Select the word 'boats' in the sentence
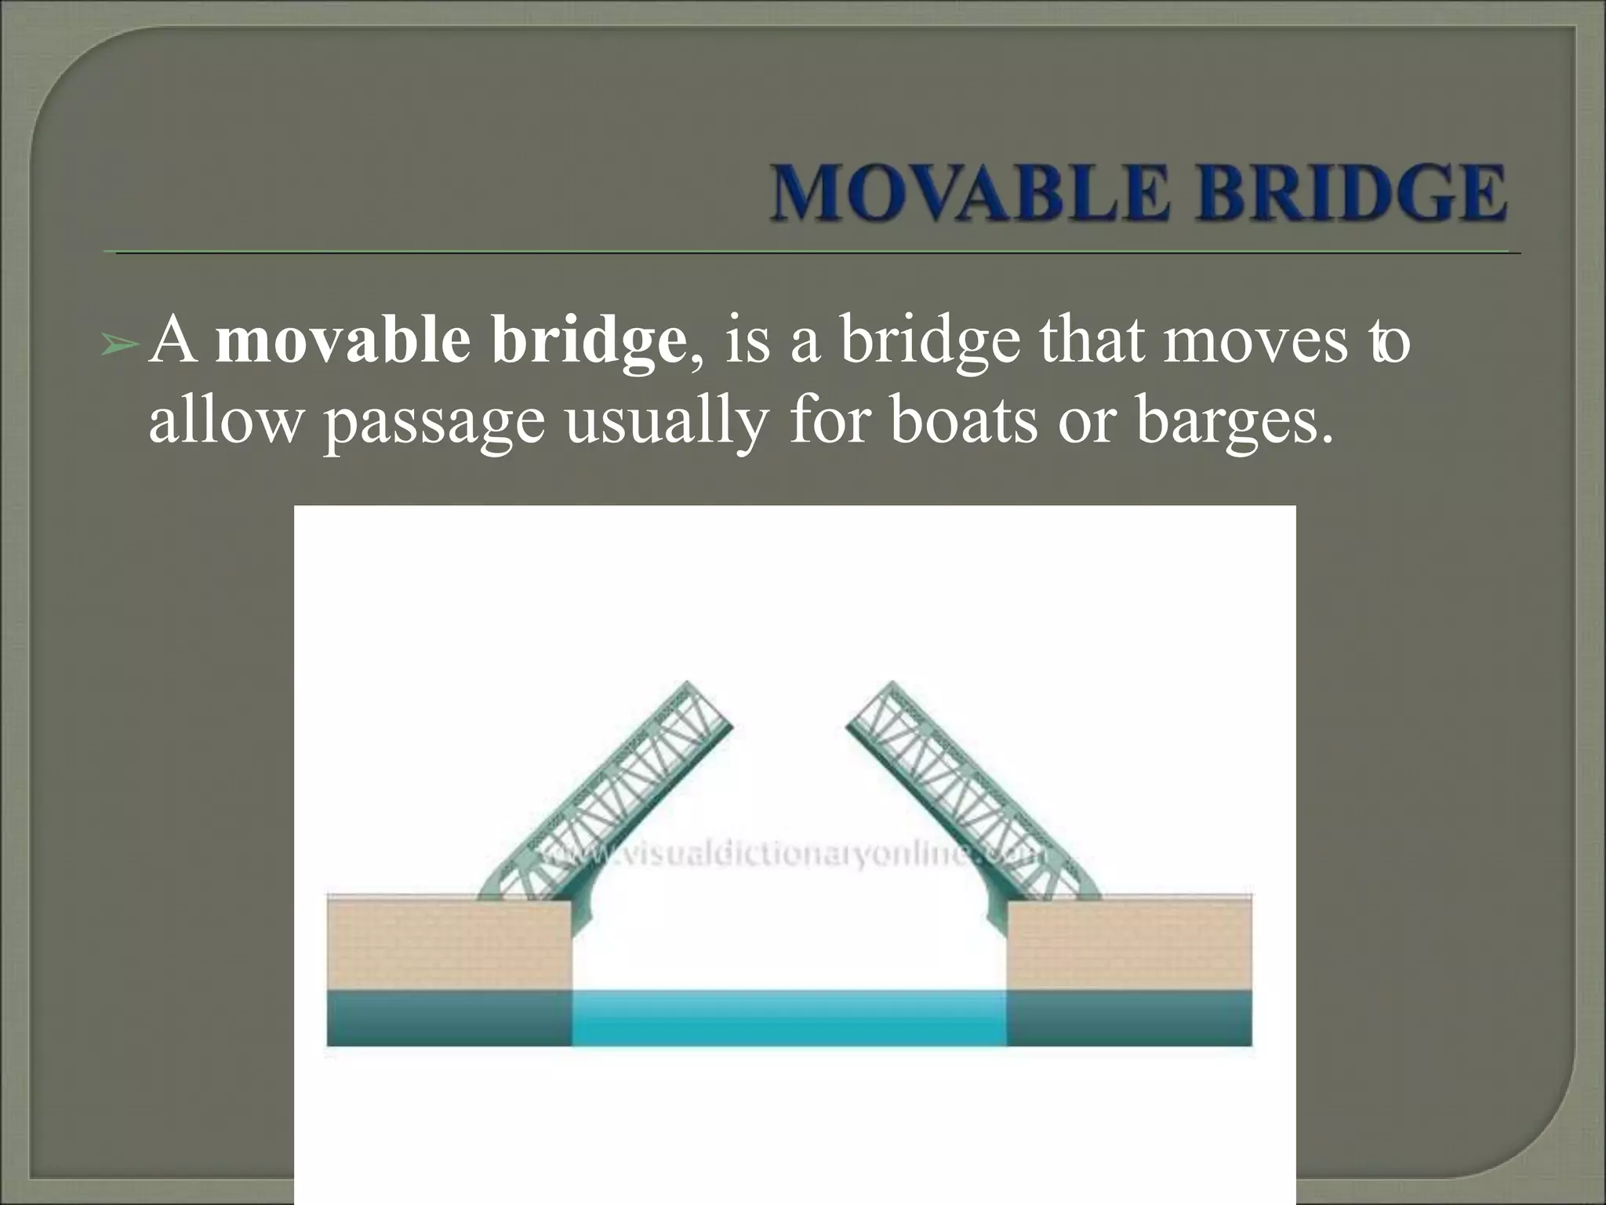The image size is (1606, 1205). pyautogui.click(x=965, y=421)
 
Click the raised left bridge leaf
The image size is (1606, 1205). pyautogui.click(x=620, y=792)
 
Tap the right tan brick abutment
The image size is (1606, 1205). pyautogui.click(x=1129, y=945)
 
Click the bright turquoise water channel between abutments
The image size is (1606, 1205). pyautogui.click(x=789, y=1018)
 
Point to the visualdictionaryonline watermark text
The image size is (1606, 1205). pyautogui.click(x=792, y=854)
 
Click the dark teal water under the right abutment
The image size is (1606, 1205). pyautogui.click(x=1129, y=1018)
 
